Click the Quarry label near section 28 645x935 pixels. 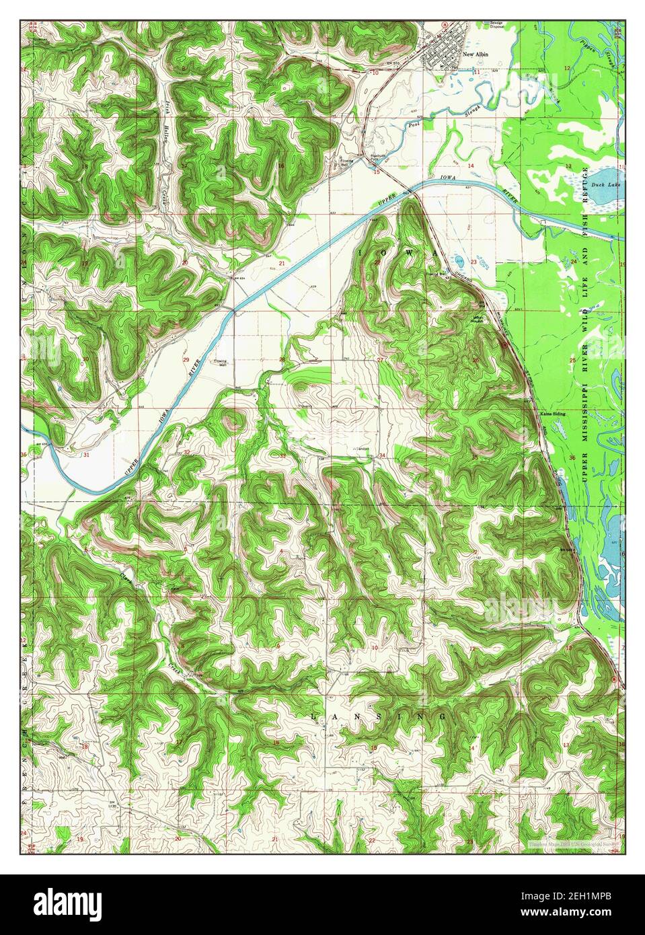[x=305, y=406]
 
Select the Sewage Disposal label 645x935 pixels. [x=496, y=25]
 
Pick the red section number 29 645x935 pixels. [x=186, y=360]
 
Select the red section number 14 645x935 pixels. [x=471, y=165]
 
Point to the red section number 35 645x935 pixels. [x=475, y=457]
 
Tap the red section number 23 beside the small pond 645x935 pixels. [x=473, y=262]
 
